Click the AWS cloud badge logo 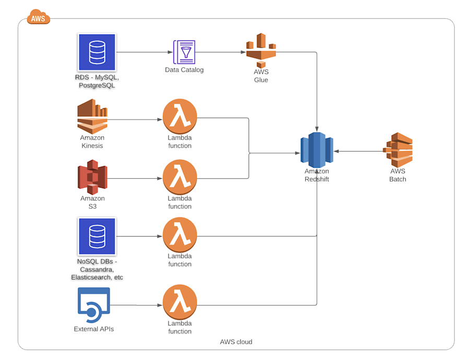(x=38, y=17)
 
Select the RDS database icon (x=97, y=52)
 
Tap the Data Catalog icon (x=184, y=52)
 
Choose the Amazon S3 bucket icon (x=92, y=177)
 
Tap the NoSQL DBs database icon (x=97, y=236)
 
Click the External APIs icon (x=93, y=305)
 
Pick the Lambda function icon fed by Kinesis (x=180, y=117)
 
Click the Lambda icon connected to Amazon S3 (x=180, y=177)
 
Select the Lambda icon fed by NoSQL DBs (x=180, y=235)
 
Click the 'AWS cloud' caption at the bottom (x=236, y=342)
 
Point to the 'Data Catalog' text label (x=184, y=70)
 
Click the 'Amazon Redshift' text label (x=316, y=175)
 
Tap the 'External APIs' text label (x=93, y=329)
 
